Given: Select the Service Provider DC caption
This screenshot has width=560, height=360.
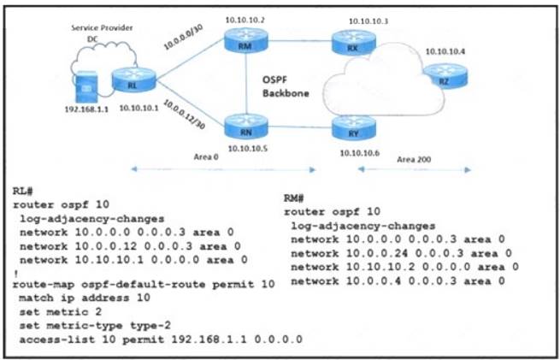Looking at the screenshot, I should click(91, 32).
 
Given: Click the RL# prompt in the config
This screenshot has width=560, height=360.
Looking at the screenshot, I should click(23, 193).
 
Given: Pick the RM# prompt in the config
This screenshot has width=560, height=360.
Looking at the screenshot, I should click(294, 198).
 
